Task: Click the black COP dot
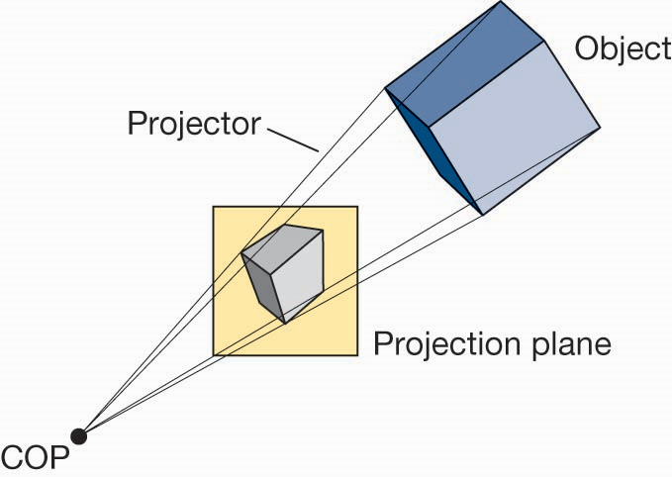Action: (x=79, y=435)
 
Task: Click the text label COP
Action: (x=30, y=458)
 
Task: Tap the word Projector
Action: (x=193, y=125)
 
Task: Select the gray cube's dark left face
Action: (x=261, y=282)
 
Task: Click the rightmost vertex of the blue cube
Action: (x=600, y=128)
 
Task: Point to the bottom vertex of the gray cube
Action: (x=285, y=323)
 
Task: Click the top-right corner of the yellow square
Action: (x=356, y=207)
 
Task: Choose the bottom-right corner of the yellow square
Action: (x=356, y=355)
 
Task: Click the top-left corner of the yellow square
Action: (x=214, y=207)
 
